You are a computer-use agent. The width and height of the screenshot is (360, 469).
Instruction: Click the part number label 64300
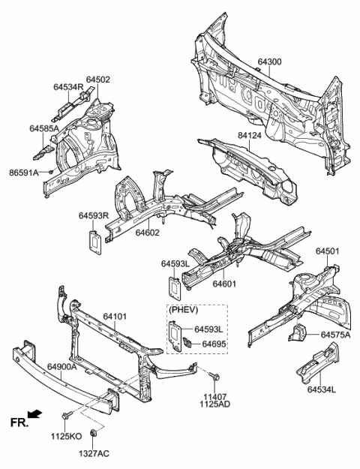pos(269,62)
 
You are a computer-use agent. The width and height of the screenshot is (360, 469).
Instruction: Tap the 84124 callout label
pos(249,136)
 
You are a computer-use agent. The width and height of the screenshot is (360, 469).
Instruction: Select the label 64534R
pos(67,87)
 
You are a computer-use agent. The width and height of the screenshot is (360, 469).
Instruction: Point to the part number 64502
pos(98,80)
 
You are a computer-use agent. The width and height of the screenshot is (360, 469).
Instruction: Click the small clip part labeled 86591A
pos(51,172)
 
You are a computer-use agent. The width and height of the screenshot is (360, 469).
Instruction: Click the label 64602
pos(148,233)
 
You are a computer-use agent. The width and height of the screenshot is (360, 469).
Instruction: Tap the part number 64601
pos(224,284)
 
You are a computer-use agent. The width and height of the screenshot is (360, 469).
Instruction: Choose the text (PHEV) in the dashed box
pos(183,310)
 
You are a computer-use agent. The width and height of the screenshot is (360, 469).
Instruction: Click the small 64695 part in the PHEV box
pos(187,342)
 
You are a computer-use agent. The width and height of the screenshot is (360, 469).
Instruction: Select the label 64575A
pos(335,335)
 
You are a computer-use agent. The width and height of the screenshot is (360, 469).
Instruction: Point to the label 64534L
pos(322,389)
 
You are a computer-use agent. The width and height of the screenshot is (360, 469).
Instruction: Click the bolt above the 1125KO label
pos(67,416)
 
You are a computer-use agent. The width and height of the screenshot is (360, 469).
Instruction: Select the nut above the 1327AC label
pos(93,432)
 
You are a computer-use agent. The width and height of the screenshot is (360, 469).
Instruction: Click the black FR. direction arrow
pos(34,414)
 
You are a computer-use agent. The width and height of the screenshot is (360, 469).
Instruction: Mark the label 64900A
pos(62,367)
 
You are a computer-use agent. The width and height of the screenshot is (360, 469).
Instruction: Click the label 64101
pos(115,317)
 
